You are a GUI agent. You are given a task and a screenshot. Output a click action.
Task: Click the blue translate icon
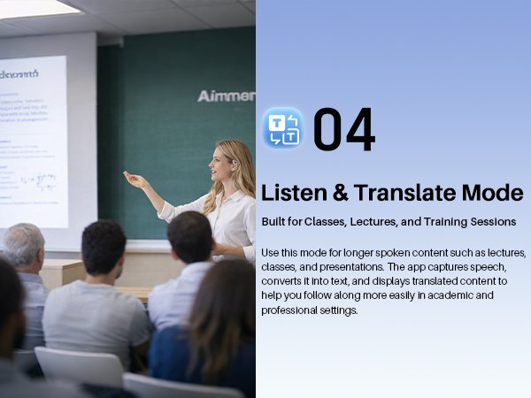pos(282,128)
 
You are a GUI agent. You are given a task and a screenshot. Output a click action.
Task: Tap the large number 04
pos(344,130)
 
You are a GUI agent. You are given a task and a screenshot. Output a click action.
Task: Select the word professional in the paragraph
pos(289,310)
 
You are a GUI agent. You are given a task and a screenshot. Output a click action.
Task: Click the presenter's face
pos(220,164)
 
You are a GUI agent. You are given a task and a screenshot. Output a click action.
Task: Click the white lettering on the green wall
pos(227,96)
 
